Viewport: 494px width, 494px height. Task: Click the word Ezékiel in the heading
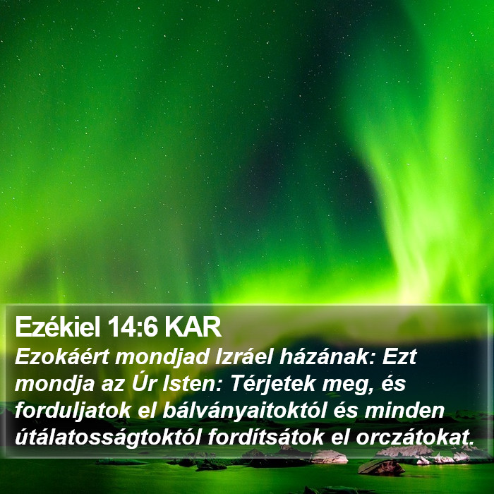click(x=57, y=327)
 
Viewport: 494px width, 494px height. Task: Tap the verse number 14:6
click(x=133, y=327)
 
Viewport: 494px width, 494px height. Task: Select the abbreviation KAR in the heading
click(x=193, y=327)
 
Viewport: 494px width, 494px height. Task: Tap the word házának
click(x=327, y=356)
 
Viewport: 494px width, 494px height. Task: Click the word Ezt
click(x=399, y=357)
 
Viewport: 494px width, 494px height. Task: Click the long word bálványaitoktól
click(x=244, y=411)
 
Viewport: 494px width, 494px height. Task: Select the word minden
click(x=404, y=410)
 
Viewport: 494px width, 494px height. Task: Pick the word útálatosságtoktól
click(x=108, y=438)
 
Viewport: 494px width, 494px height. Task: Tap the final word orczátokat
click(x=415, y=438)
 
